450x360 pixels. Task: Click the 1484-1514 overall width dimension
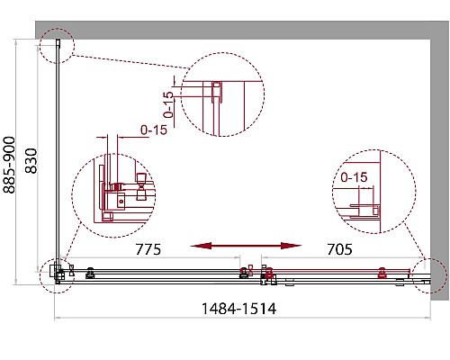pos(238,309)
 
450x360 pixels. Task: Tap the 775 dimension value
pos(148,249)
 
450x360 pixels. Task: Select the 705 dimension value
pos(339,249)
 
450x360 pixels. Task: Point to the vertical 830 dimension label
pos(31,161)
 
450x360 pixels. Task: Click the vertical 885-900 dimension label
pos(9,165)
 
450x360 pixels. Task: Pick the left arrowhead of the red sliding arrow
pos(201,246)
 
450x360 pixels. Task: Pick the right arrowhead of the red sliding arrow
pos(291,246)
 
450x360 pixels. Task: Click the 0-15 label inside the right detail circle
pos(354,177)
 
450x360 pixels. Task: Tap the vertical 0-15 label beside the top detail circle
pos(168,104)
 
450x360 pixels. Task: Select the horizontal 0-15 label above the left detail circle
pos(154,130)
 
